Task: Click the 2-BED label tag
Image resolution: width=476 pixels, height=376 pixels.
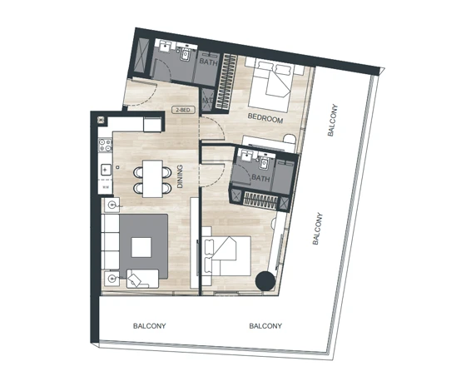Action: (x=183, y=110)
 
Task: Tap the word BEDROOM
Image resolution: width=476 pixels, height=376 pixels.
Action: (x=265, y=118)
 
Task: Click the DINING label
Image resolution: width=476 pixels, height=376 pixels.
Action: (x=180, y=176)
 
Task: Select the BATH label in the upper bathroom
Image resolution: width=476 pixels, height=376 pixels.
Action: (x=209, y=62)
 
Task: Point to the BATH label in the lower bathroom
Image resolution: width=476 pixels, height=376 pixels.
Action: (x=260, y=178)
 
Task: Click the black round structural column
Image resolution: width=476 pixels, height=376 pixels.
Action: (x=265, y=281)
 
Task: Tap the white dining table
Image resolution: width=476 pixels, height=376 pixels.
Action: (x=152, y=179)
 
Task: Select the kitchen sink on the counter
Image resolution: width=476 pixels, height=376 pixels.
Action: (x=106, y=170)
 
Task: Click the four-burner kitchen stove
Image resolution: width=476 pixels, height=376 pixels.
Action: (x=106, y=145)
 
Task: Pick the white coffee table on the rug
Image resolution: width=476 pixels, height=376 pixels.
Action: (x=141, y=247)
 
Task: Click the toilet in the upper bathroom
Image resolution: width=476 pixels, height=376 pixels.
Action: (x=185, y=55)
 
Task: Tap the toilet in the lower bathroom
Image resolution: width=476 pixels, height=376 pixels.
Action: (x=263, y=164)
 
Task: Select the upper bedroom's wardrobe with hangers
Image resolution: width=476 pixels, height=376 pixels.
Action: (x=226, y=81)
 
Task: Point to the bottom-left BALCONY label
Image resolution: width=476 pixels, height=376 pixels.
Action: (x=149, y=326)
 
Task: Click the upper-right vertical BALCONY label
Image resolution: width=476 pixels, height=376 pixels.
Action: (x=332, y=120)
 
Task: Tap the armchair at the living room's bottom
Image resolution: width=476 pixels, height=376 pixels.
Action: (x=142, y=279)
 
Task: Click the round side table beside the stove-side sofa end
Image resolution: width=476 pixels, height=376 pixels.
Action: (x=112, y=205)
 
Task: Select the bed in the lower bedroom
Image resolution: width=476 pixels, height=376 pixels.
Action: (x=228, y=256)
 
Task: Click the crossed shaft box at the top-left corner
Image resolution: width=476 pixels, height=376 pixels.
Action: (x=141, y=56)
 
